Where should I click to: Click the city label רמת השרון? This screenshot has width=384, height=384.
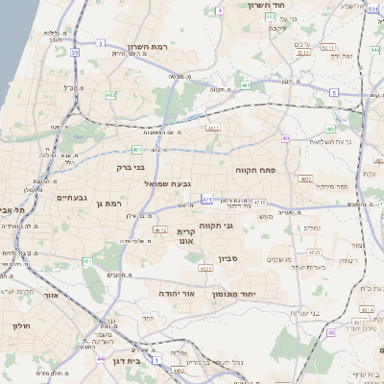134,46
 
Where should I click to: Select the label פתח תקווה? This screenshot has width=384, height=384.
254,169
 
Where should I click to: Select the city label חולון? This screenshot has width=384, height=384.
21,326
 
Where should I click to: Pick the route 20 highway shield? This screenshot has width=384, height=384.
74,53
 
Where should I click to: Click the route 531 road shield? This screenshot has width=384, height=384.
372,9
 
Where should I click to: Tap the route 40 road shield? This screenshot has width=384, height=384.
285,138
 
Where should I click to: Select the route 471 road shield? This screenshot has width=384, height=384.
206,199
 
